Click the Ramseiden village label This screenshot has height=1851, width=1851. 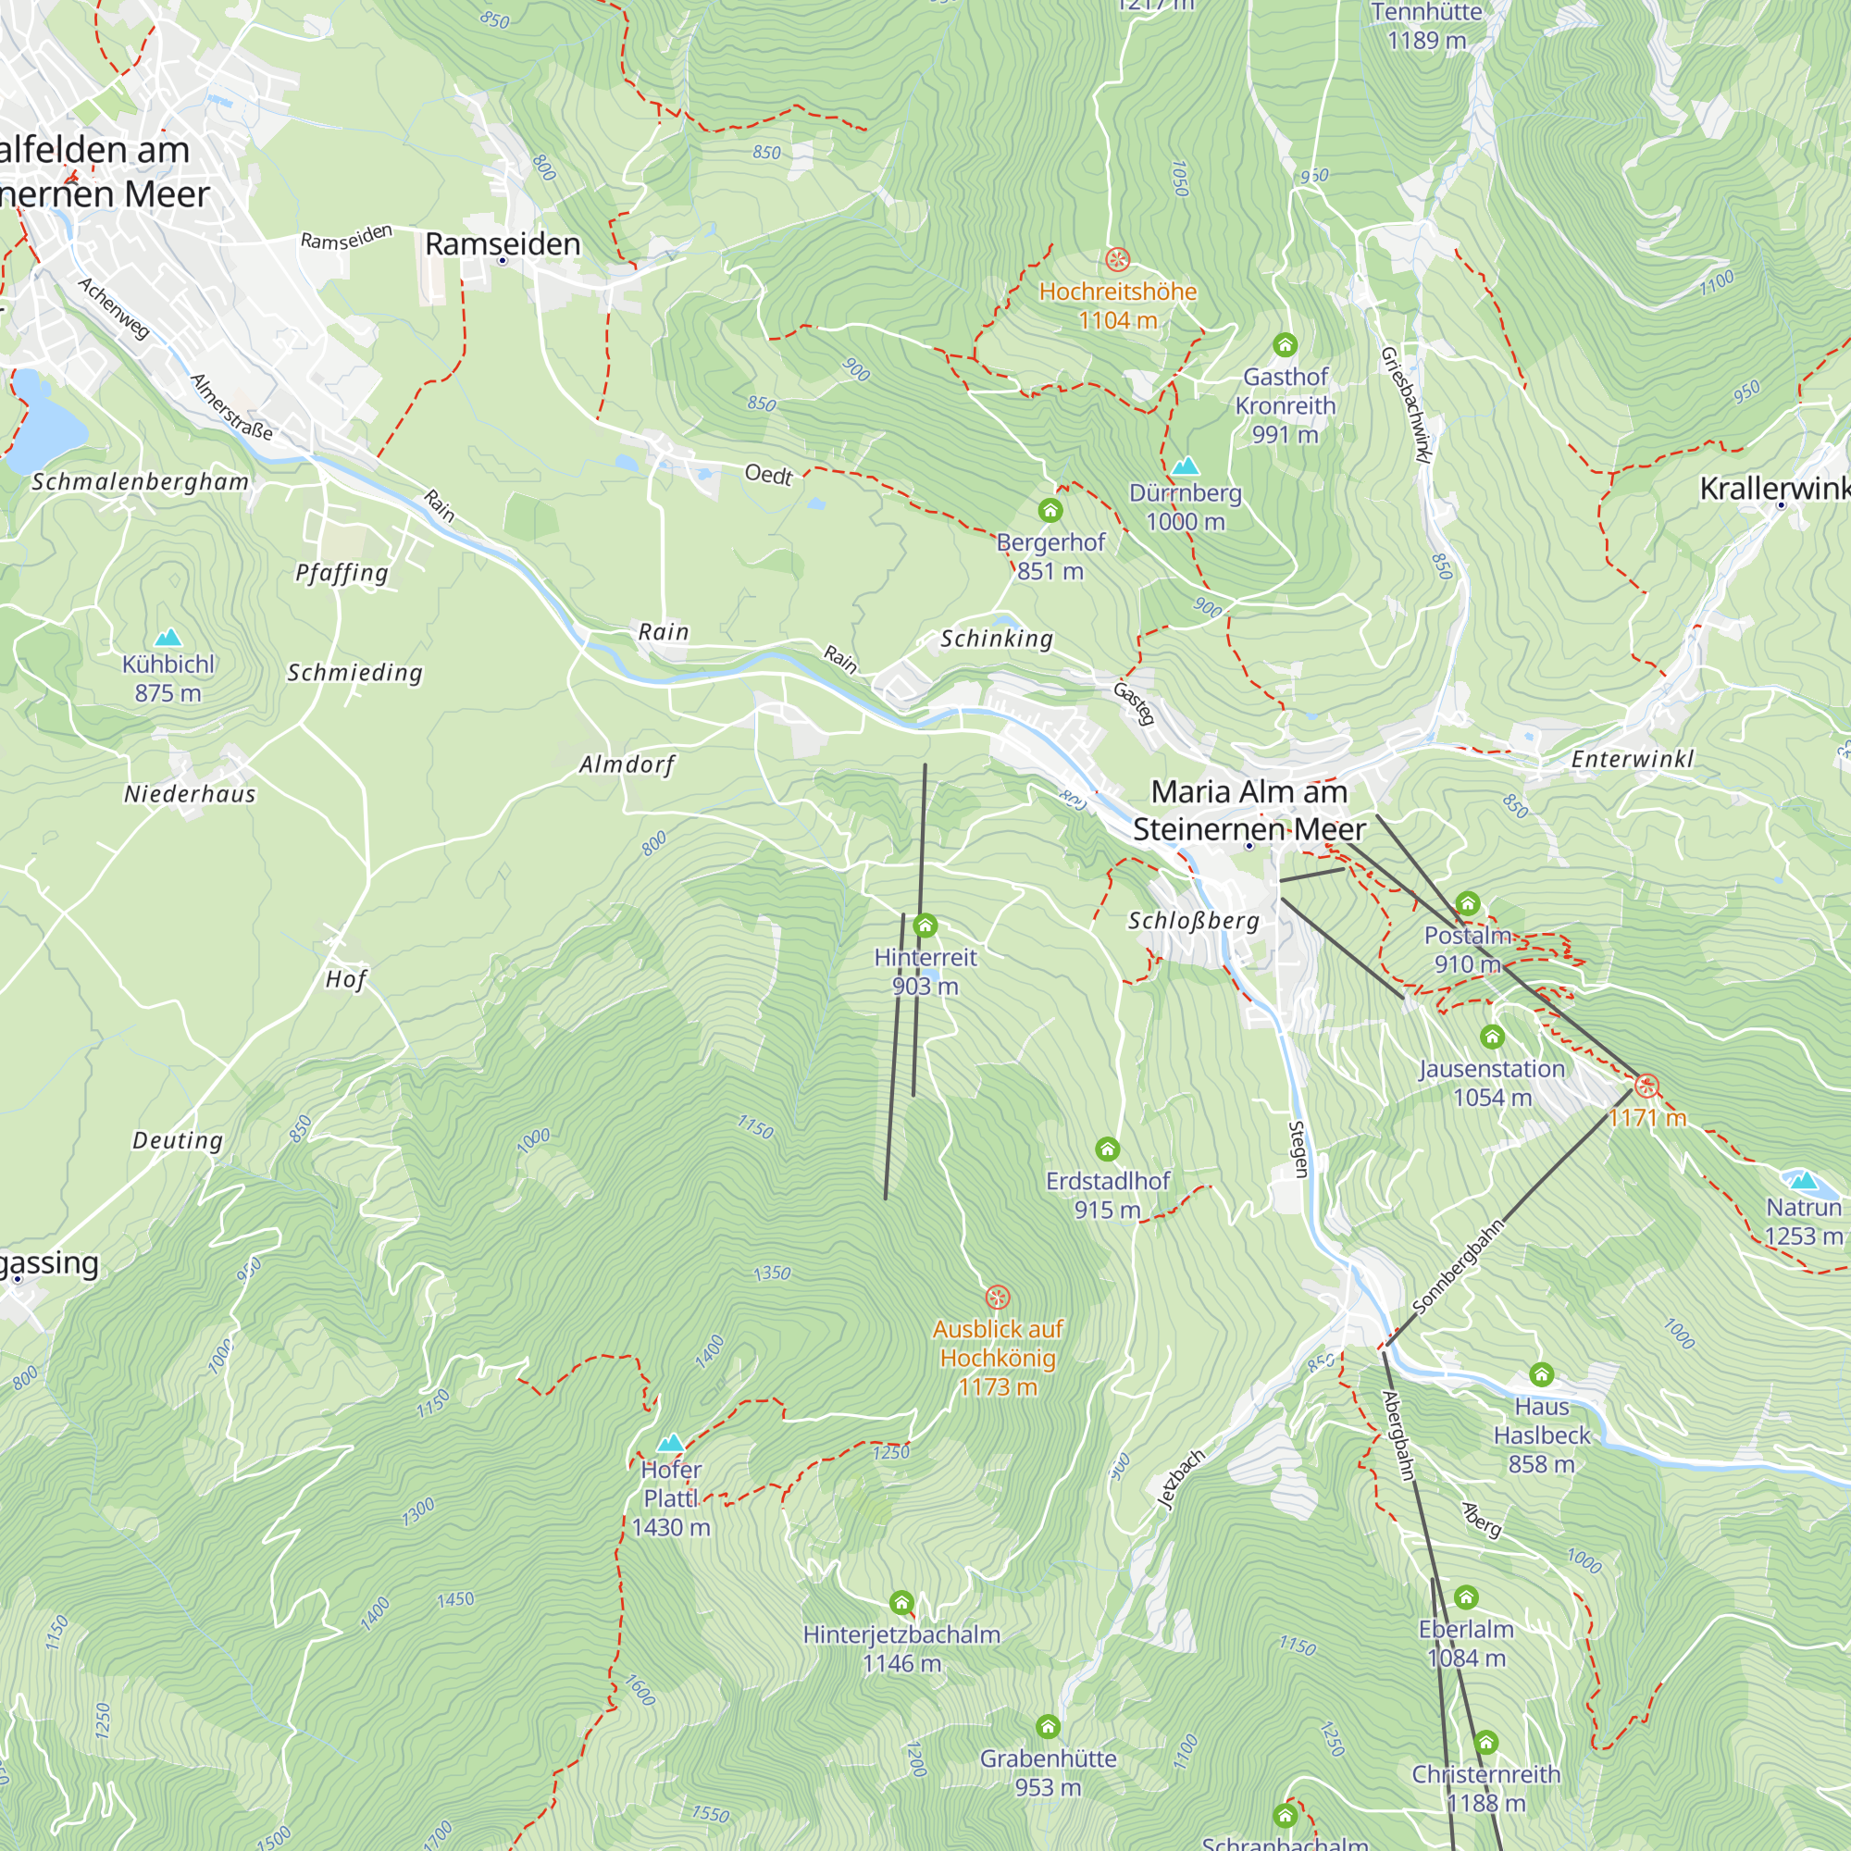(x=502, y=244)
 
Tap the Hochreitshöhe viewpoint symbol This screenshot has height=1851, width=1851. (x=1117, y=260)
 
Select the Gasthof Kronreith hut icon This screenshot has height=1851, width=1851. (x=1285, y=344)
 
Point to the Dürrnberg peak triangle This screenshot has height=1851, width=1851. (x=1186, y=466)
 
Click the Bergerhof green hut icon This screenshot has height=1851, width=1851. (x=1050, y=510)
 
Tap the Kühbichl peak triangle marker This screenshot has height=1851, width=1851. (x=168, y=637)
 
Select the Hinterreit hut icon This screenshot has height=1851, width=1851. (x=925, y=925)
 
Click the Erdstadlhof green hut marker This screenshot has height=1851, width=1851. (x=1108, y=1149)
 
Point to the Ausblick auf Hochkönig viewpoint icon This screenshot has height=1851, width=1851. (x=998, y=1298)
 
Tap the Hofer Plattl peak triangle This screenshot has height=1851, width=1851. (x=671, y=1442)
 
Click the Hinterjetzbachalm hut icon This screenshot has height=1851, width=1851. (x=901, y=1603)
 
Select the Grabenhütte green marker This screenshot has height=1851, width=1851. (x=1049, y=1726)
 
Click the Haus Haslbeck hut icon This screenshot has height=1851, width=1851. (x=1541, y=1375)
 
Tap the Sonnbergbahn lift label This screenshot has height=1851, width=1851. (x=1458, y=1267)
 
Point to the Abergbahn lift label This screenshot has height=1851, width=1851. (x=1398, y=1435)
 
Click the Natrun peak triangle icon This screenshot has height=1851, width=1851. (x=1803, y=1179)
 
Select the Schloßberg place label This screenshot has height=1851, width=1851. (x=1193, y=921)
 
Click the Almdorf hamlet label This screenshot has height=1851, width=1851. (x=627, y=764)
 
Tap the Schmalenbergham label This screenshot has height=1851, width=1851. (x=141, y=482)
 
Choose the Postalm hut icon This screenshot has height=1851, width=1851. (x=1468, y=903)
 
